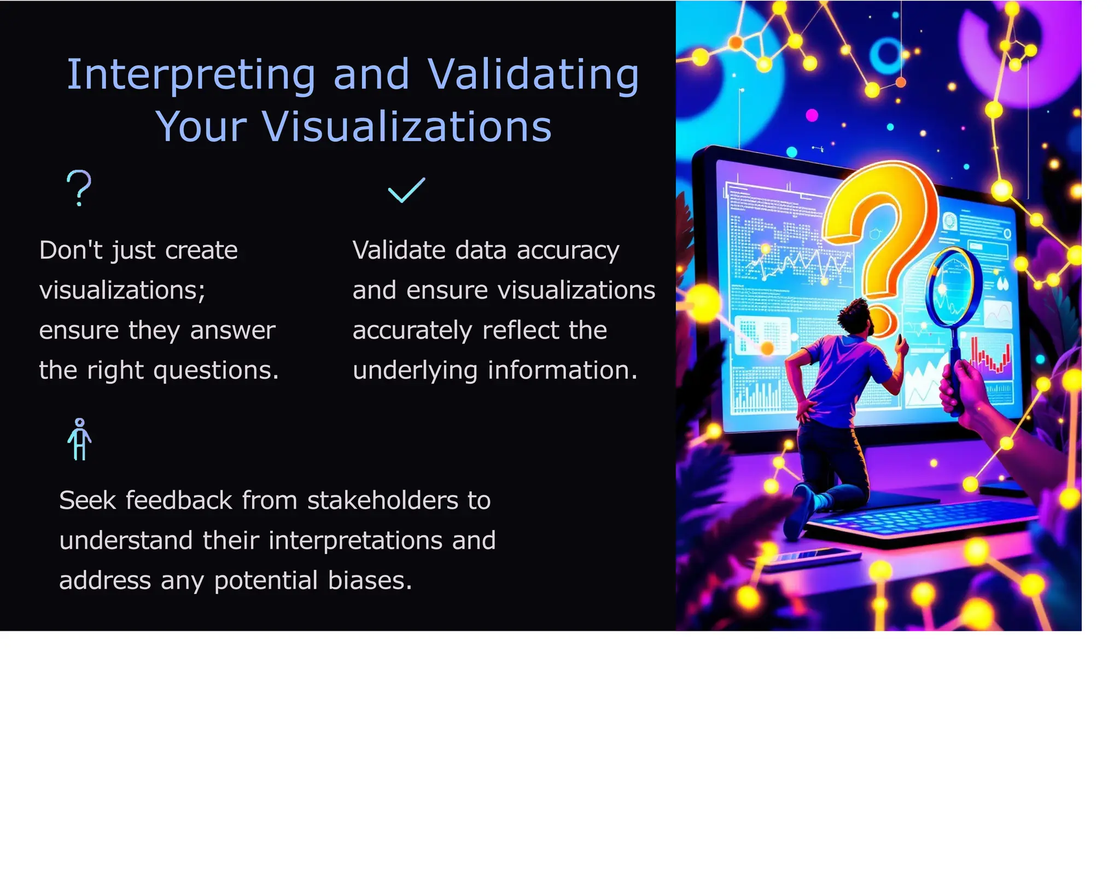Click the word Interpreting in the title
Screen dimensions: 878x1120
(x=190, y=75)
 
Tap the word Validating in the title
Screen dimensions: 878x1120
(x=533, y=75)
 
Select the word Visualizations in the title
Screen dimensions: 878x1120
(x=407, y=127)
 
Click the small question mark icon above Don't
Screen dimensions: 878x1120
(x=79, y=188)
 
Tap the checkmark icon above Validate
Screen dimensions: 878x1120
(x=406, y=190)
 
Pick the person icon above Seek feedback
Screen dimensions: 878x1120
(x=80, y=439)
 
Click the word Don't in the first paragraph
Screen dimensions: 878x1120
(x=71, y=251)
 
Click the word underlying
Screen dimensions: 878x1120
(x=415, y=370)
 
